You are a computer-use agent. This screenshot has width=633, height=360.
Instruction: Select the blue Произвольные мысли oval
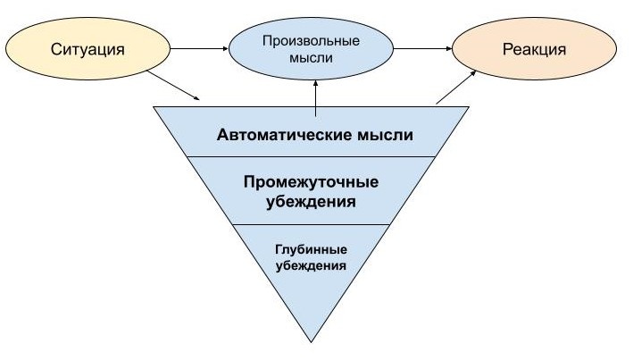click(311, 50)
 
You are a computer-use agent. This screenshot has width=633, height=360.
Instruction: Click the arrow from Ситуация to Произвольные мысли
click(198, 49)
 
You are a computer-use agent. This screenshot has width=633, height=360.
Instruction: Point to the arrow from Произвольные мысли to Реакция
click(421, 49)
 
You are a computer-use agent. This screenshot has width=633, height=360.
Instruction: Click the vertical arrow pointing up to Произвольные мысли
click(315, 96)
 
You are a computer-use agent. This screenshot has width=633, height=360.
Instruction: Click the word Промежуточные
click(311, 182)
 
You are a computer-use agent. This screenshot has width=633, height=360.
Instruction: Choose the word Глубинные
click(311, 249)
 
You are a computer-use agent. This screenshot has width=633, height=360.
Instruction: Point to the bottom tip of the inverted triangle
click(312, 339)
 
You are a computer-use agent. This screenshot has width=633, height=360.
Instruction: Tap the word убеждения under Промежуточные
click(311, 202)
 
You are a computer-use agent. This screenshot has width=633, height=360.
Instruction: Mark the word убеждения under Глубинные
click(311, 265)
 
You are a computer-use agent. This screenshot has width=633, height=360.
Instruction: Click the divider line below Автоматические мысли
click(311, 156)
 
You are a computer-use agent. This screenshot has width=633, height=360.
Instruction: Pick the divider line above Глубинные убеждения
click(311, 223)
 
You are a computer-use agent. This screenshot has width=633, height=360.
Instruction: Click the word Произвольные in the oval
click(311, 41)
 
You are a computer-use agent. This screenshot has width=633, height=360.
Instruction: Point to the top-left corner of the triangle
click(155, 107)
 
